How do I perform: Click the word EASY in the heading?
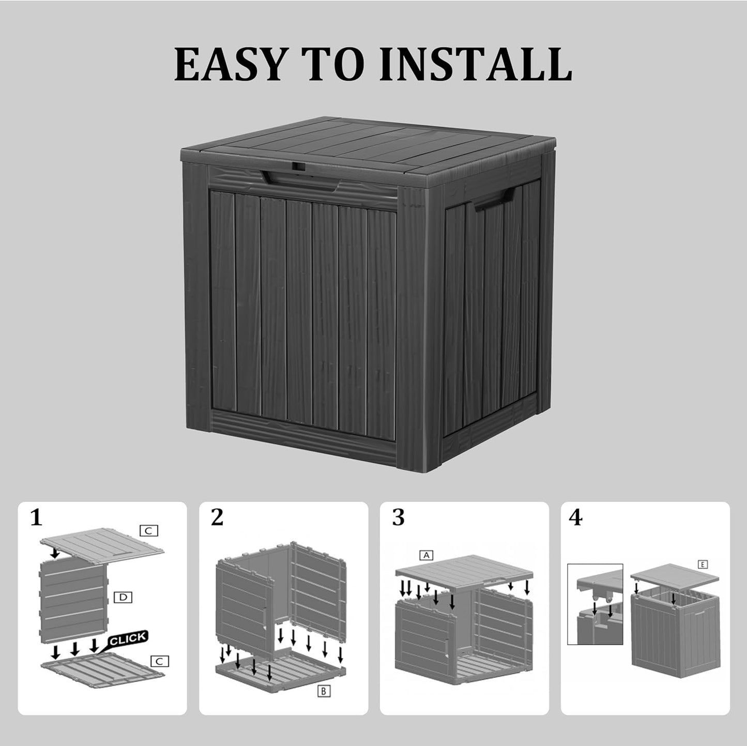tap(230, 65)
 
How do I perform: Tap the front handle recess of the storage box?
tap(303, 181)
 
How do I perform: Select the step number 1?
tap(36, 517)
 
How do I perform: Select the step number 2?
tap(217, 517)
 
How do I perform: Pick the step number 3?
tap(398, 517)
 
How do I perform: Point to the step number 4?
tap(575, 517)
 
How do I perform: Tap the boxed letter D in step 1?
tap(123, 598)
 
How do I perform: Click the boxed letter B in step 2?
tap(323, 691)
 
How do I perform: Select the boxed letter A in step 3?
tap(426, 555)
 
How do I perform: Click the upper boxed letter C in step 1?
tap(148, 530)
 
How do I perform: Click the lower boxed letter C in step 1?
tap(159, 661)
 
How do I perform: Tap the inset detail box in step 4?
tap(595, 604)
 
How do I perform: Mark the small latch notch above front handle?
tap(296, 168)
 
